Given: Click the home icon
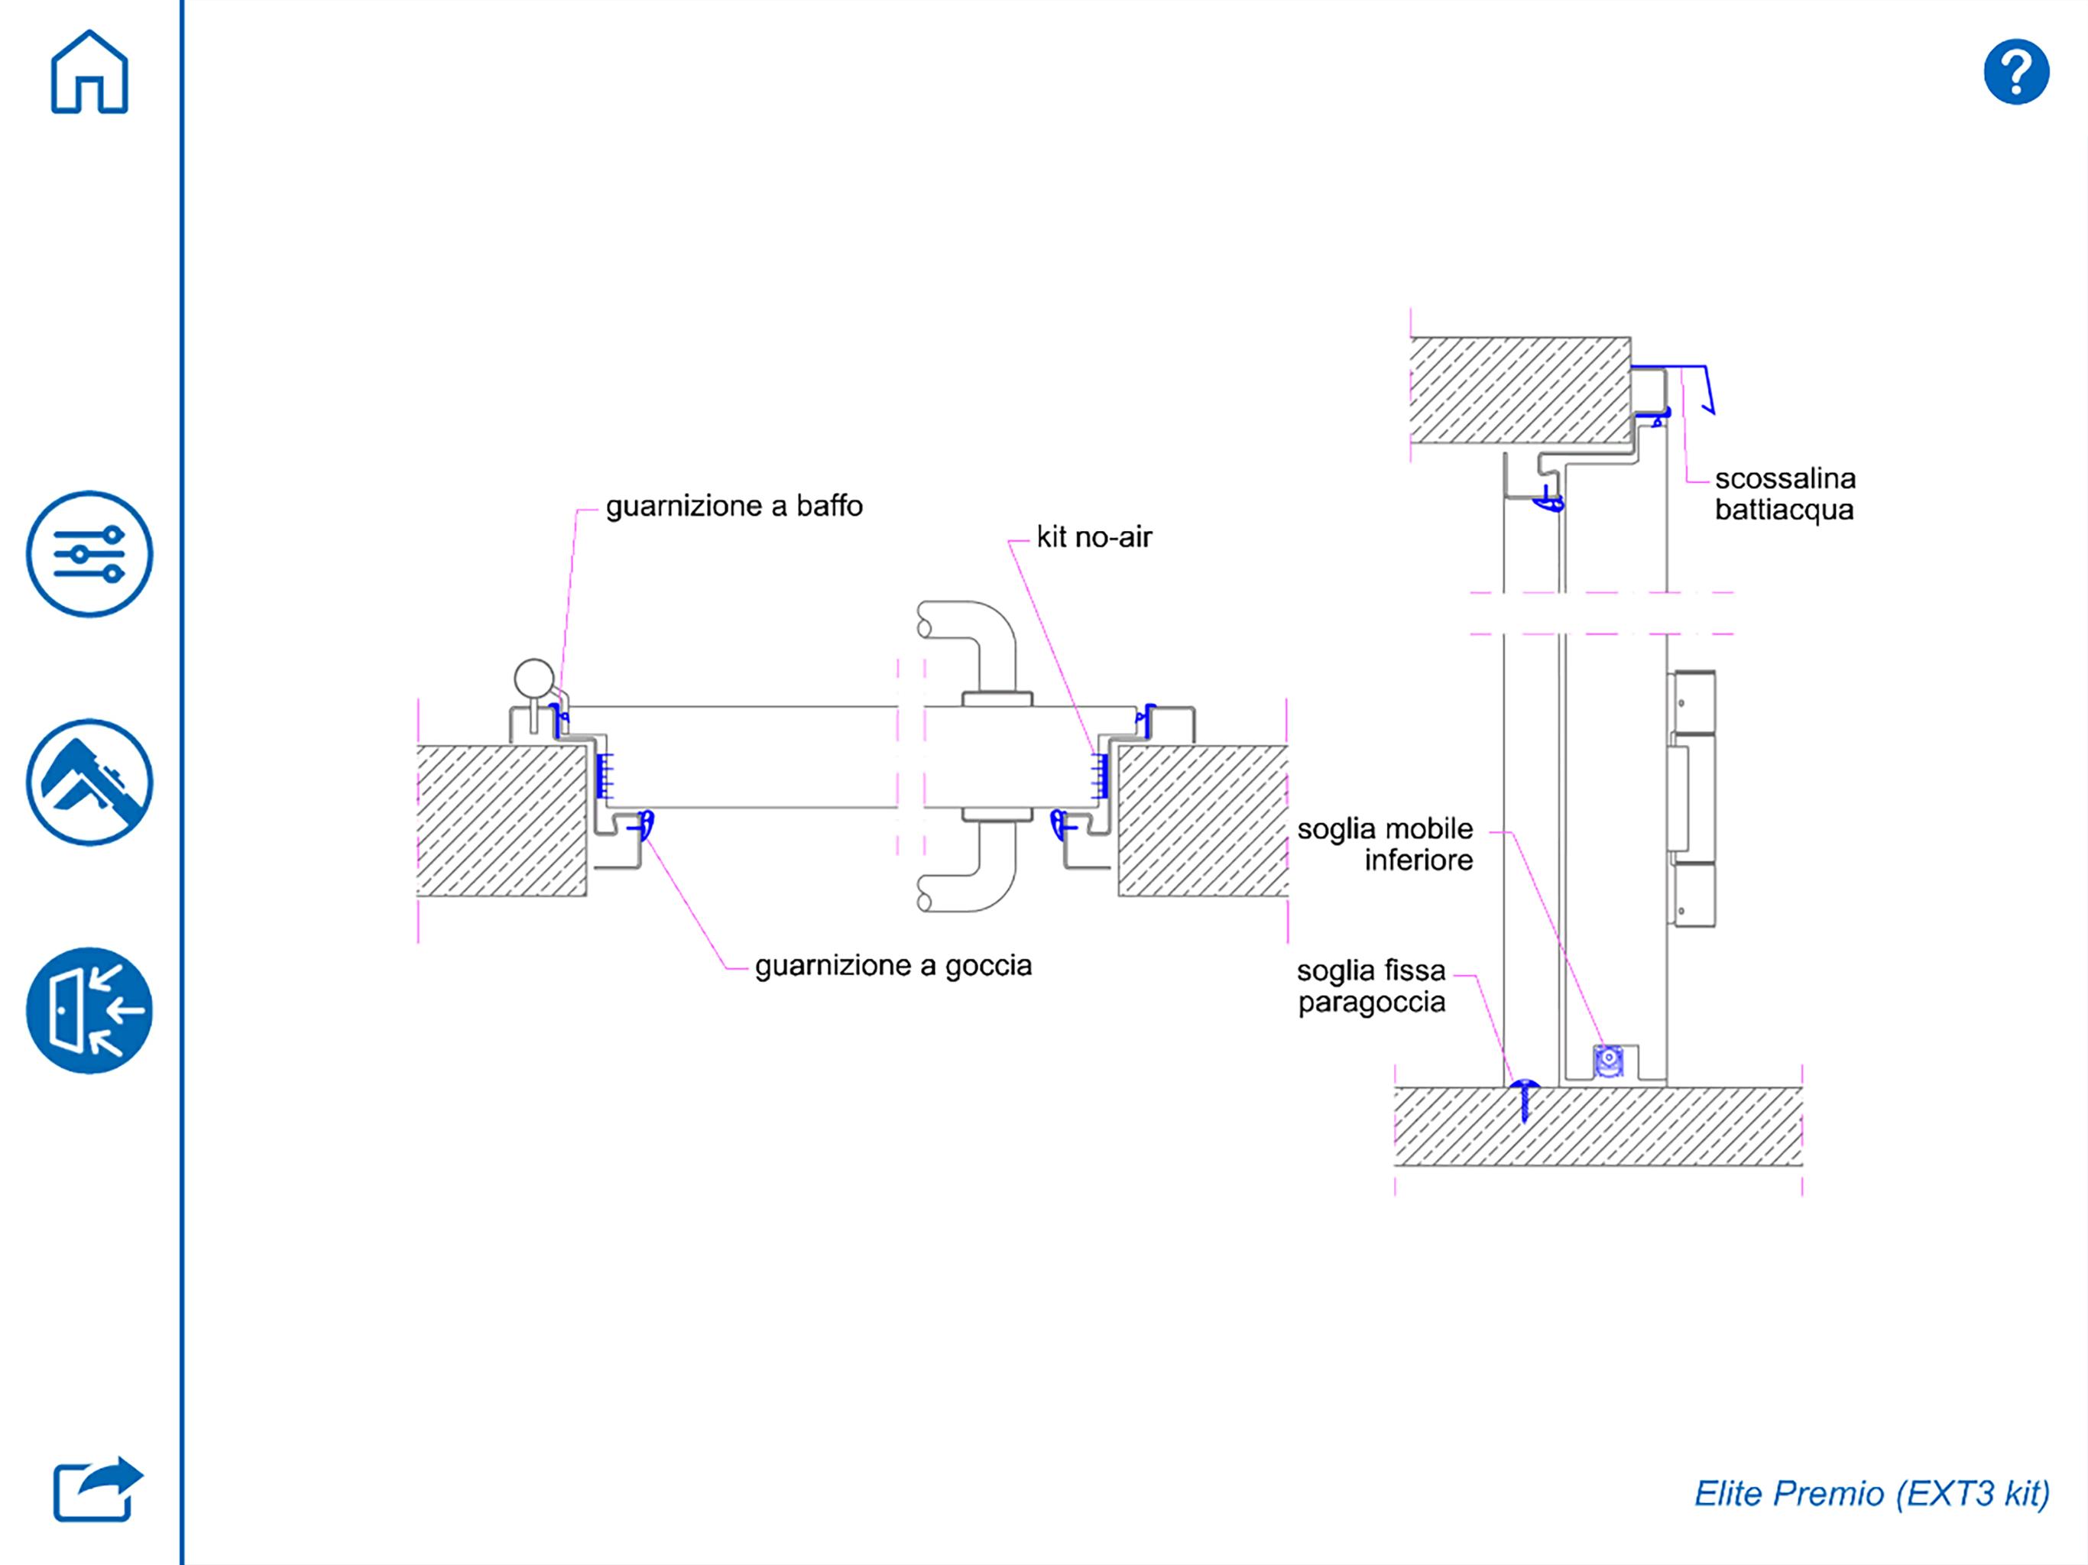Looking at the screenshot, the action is pos(89,73).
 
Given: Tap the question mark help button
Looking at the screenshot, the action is pos(2016,72).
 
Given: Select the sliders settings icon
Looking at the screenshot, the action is pos(89,554).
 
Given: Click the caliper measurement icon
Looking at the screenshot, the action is pos(89,782).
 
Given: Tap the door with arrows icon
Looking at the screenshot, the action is pos(89,1011).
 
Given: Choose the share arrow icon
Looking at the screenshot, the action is pos(97,1489).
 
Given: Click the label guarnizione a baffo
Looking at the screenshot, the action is pos(734,507).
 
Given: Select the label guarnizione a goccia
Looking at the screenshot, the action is pos(893,967).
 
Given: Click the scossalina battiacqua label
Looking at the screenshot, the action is pos(1785,494).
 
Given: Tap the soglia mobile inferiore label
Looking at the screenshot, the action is pos(1385,844).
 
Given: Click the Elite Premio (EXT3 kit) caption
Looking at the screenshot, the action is pos(1872,1493).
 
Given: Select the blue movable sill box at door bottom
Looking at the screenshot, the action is pos(1609,1060).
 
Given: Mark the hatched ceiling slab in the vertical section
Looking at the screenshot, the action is pos(1519,390).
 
